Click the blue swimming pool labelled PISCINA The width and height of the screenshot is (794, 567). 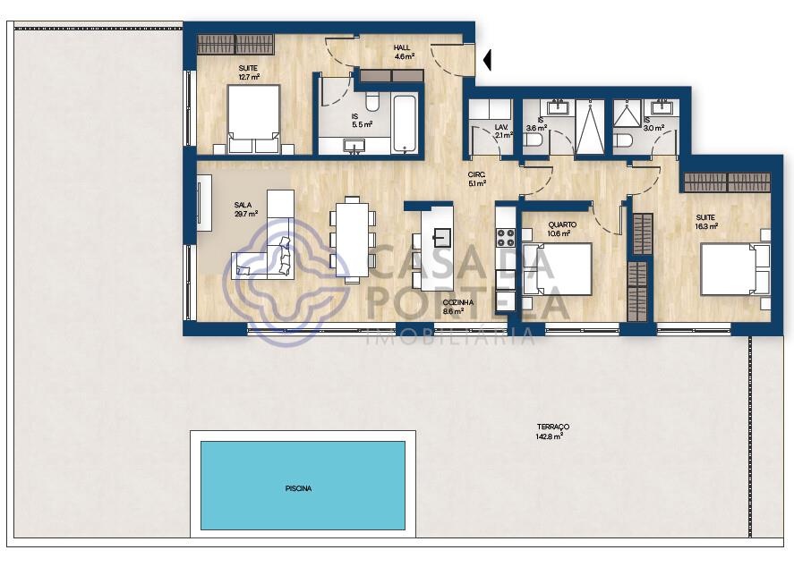tap(303, 486)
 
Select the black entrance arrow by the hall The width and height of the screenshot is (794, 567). tap(487, 60)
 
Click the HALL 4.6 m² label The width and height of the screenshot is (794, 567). tap(404, 52)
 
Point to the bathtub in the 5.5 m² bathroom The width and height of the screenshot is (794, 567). tap(406, 124)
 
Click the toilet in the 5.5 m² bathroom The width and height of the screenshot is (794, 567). tap(372, 102)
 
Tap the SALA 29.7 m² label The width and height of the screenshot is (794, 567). tap(245, 209)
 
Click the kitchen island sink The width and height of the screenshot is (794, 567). tap(441, 237)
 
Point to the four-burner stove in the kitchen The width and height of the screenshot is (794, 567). tap(506, 238)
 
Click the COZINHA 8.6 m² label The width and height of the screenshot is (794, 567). tap(457, 307)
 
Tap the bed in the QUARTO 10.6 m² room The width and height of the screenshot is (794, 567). tap(557, 268)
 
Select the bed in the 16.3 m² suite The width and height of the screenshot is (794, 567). tap(735, 269)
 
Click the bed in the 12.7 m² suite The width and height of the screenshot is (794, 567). tap(253, 119)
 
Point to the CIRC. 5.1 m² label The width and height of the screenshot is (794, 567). tap(476, 179)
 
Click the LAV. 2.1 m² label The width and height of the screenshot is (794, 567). tap(503, 131)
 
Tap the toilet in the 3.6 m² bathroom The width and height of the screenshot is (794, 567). tap(534, 140)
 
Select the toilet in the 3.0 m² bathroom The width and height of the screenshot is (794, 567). tap(623, 140)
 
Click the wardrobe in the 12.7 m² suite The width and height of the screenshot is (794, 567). tap(235, 45)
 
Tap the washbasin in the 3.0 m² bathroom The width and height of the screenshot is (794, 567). tap(661, 107)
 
